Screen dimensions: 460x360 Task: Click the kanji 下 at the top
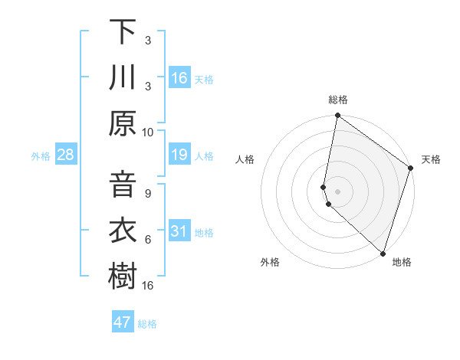(123, 32)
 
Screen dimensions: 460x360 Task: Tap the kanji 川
(123, 77)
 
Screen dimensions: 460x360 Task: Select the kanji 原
(123, 123)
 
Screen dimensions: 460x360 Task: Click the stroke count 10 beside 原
(148, 132)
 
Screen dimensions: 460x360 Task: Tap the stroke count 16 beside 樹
(148, 285)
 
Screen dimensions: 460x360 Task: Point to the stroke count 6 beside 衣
(148, 240)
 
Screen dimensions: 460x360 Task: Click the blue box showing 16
(179, 77)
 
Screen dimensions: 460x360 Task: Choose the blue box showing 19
(179, 155)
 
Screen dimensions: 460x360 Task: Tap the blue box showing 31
(179, 231)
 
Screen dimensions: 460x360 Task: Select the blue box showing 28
(65, 155)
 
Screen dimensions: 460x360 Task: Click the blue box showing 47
(123, 322)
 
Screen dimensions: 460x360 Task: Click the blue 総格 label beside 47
(147, 324)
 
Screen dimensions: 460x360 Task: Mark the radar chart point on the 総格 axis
(337, 116)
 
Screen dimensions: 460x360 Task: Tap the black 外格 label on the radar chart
(270, 262)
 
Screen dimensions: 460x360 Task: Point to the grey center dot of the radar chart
(337, 191)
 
